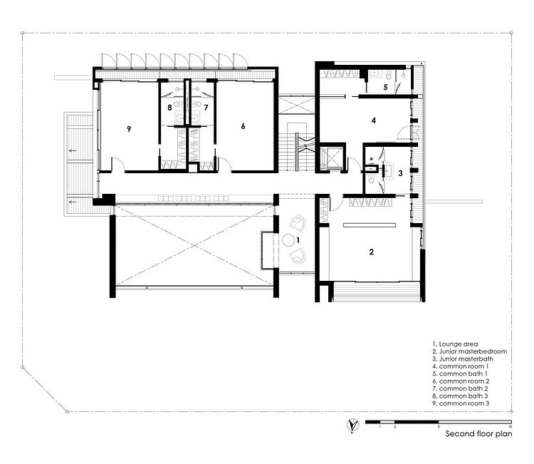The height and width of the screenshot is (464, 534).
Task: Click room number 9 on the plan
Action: click(x=129, y=129)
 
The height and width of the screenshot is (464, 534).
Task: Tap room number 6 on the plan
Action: click(x=243, y=126)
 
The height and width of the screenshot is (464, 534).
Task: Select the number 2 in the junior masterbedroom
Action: click(x=371, y=252)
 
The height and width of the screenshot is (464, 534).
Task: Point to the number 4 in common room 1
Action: click(x=374, y=120)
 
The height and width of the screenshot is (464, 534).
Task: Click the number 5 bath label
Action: click(x=385, y=87)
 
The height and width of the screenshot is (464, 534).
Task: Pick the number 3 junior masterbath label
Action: click(x=400, y=173)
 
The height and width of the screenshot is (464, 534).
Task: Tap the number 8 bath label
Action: click(x=169, y=108)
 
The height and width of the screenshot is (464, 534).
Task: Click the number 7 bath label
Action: click(x=206, y=108)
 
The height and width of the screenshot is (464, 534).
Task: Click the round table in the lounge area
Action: click(x=288, y=240)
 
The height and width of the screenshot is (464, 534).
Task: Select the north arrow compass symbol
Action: click(x=352, y=425)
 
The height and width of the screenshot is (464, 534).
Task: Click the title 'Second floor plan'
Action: click(x=478, y=433)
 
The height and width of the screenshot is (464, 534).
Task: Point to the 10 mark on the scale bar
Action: click(x=510, y=426)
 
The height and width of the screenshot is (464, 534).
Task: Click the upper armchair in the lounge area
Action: click(x=298, y=223)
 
